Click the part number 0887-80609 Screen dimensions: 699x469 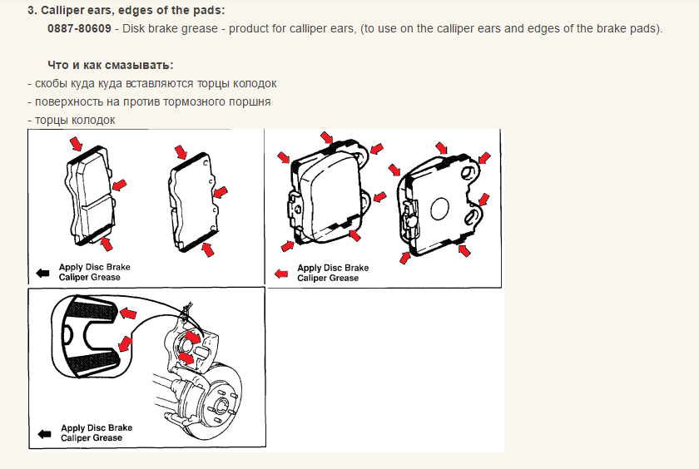click(79, 28)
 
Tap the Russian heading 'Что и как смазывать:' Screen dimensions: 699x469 click(111, 65)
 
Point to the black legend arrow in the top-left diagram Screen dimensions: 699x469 click(42, 273)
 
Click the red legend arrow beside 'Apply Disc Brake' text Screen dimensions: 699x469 click(281, 274)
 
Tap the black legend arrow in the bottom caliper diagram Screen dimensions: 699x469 click(45, 434)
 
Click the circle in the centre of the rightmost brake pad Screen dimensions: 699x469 click(439, 209)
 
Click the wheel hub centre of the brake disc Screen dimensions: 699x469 click(221, 406)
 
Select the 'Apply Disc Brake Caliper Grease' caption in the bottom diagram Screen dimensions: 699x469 click(97, 433)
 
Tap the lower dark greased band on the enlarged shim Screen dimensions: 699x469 click(92, 363)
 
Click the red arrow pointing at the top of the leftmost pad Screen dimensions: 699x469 click(77, 144)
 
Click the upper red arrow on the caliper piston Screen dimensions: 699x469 click(193, 337)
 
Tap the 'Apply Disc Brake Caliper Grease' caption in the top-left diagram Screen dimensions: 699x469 click(95, 272)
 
